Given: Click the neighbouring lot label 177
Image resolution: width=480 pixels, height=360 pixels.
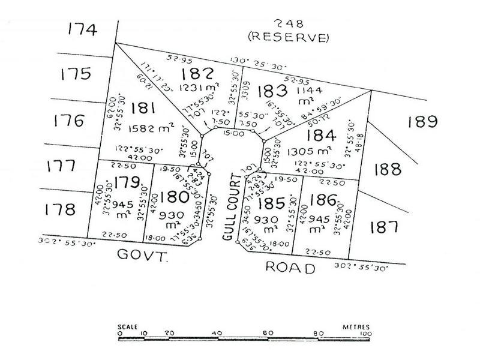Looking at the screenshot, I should [62, 166].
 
